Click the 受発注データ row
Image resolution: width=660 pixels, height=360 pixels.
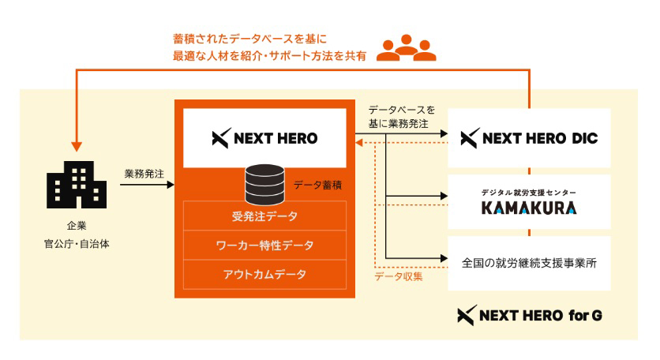264,216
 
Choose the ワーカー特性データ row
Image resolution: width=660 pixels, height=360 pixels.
264,245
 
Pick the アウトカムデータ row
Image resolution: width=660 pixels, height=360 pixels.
264,274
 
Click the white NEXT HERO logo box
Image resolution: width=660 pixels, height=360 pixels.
264,138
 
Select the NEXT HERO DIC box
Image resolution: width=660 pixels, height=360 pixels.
529,138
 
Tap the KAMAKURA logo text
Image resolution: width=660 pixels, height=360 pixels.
529,208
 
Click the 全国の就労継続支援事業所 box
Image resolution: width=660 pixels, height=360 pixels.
529,261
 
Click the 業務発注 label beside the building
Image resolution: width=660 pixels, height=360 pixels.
144,173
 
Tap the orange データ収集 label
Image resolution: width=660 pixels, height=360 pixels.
399,276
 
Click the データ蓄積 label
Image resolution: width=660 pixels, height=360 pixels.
317,185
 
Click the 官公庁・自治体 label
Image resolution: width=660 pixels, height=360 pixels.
77,244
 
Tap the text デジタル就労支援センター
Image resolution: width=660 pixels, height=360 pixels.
529,193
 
